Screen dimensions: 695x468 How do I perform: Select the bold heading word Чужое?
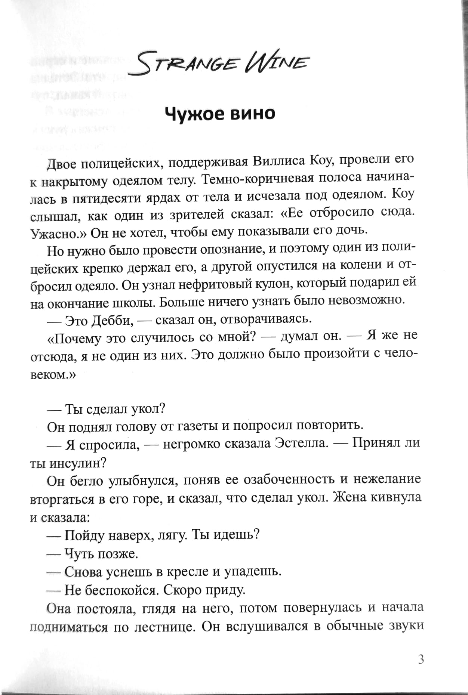194,114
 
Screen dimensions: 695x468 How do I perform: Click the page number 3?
421,660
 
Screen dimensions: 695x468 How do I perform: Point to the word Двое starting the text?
62,164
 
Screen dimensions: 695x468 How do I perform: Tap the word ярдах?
164,198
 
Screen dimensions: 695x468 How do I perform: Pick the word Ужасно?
58,234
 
